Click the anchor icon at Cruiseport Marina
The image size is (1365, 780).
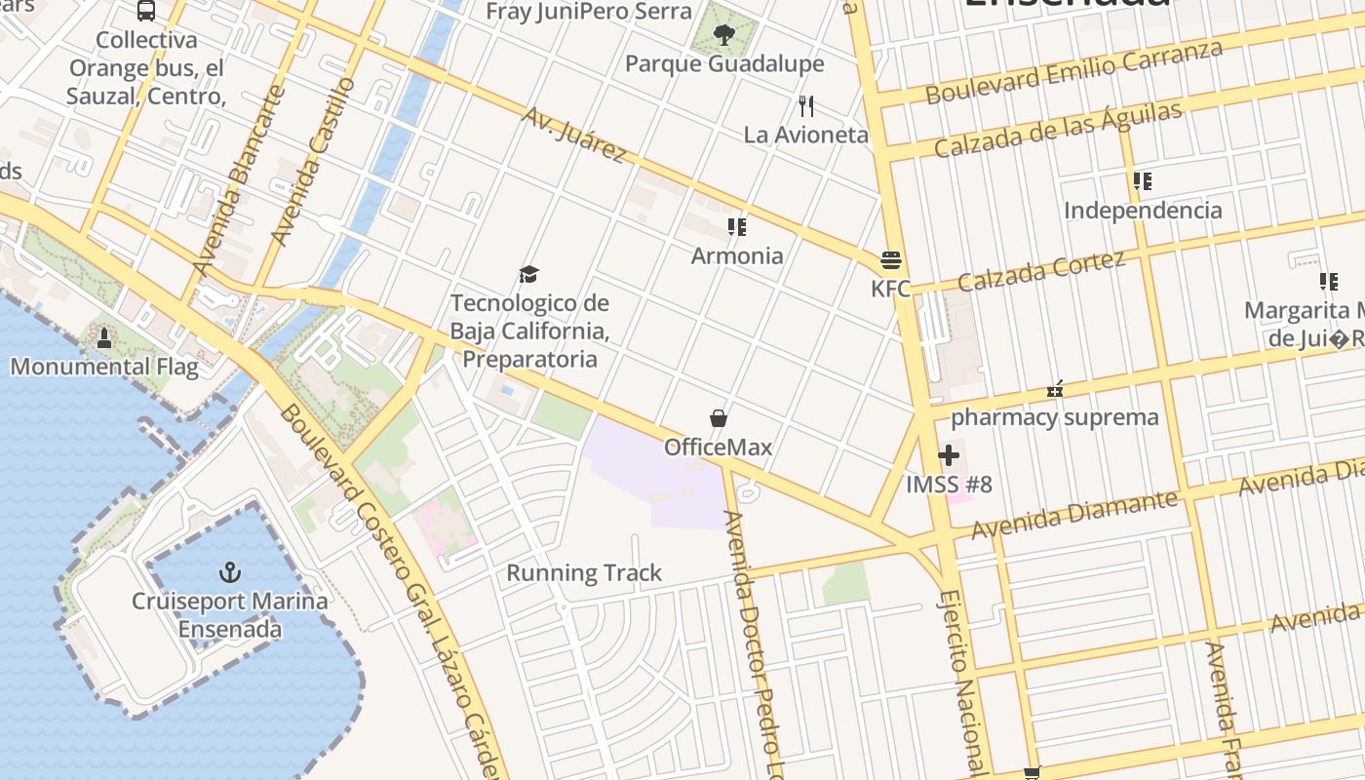point(230,571)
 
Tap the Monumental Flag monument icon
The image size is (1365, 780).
point(104,338)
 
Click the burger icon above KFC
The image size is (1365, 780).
point(890,260)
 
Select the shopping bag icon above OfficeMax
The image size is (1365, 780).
point(719,418)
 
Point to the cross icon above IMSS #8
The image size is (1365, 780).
point(949,455)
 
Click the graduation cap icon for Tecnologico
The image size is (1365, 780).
point(528,274)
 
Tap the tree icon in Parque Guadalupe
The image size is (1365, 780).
point(723,35)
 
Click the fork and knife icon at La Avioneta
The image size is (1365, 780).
point(806,105)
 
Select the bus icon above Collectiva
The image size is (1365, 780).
point(146,11)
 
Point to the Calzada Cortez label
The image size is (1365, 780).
point(1041,270)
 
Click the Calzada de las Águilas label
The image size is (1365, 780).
point(1058,130)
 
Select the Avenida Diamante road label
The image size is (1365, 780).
point(1074,514)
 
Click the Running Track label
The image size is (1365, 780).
point(584,573)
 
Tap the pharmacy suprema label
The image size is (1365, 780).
point(1055,418)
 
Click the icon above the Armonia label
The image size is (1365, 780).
point(737,227)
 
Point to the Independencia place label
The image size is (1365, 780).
point(1143,211)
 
